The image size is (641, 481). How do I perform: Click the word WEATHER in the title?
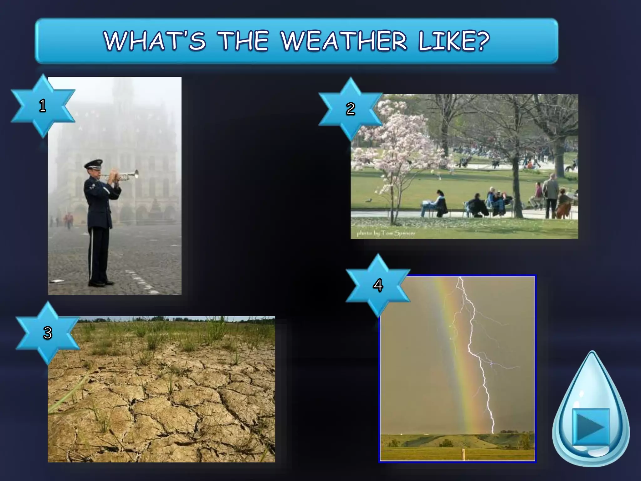click(x=344, y=41)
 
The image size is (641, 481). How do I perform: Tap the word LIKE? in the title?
click(x=454, y=41)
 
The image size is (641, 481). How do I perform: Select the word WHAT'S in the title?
click(x=155, y=41)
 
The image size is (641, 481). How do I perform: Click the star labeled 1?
click(x=43, y=106)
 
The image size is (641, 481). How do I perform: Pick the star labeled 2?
click(x=351, y=109)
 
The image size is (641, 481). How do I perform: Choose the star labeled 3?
click(x=48, y=333)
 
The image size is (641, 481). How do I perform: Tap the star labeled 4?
click(x=378, y=285)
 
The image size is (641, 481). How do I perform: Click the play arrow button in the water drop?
click(x=590, y=427)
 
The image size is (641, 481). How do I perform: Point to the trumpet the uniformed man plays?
click(x=125, y=176)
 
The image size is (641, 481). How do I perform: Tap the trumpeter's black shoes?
click(x=100, y=283)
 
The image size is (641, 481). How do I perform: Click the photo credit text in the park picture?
click(x=386, y=233)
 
